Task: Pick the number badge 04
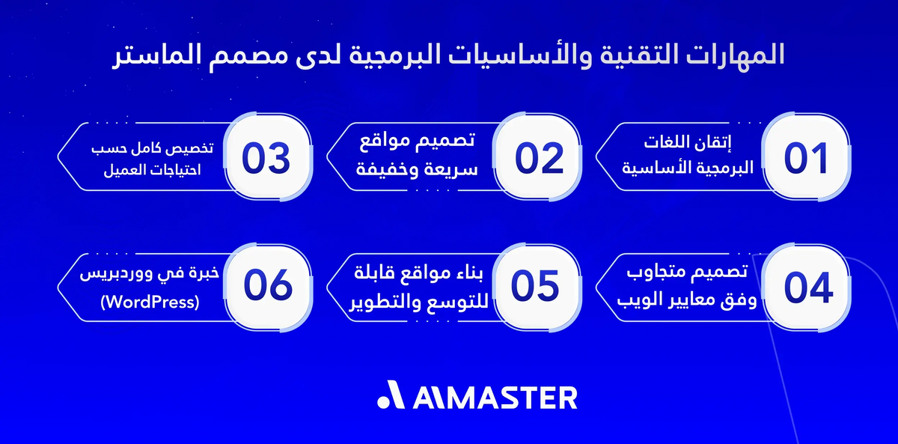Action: pyautogui.click(x=806, y=288)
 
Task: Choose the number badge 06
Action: pyautogui.click(x=266, y=288)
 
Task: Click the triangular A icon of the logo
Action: pyautogui.click(x=391, y=397)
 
